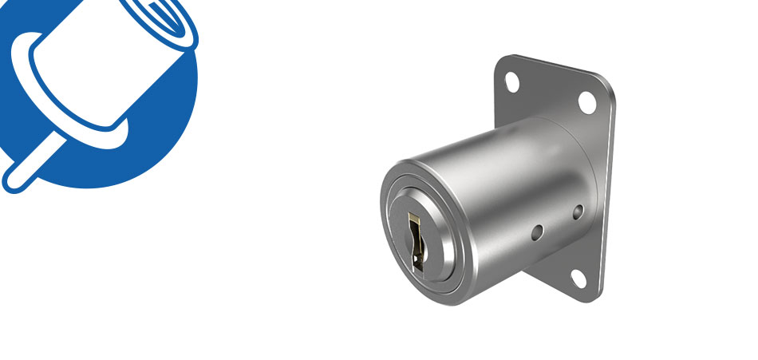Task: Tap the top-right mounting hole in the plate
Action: [586, 101]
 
